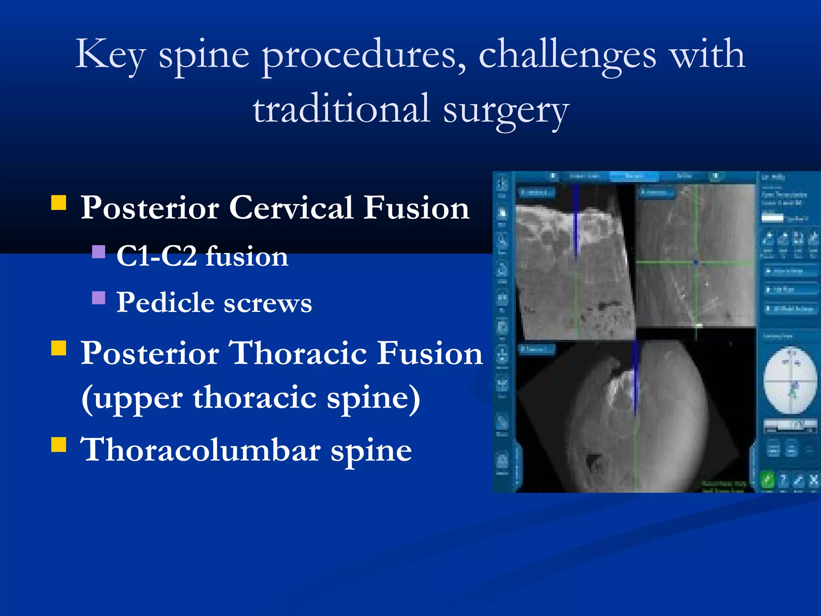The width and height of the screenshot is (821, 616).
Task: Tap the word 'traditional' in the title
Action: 342,109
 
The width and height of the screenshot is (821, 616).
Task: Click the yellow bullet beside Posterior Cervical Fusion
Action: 59,203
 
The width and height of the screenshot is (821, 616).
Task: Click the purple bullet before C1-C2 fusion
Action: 99,252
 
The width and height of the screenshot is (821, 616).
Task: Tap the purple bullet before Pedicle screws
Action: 99,298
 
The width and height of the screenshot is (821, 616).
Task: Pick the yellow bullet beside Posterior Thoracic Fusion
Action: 59,348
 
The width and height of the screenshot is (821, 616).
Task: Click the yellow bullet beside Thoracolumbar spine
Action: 59,444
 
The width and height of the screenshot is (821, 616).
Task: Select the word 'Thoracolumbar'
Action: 200,450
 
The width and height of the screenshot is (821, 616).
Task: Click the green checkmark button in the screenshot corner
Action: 767,479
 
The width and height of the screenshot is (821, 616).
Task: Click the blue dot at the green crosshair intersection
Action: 696,263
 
